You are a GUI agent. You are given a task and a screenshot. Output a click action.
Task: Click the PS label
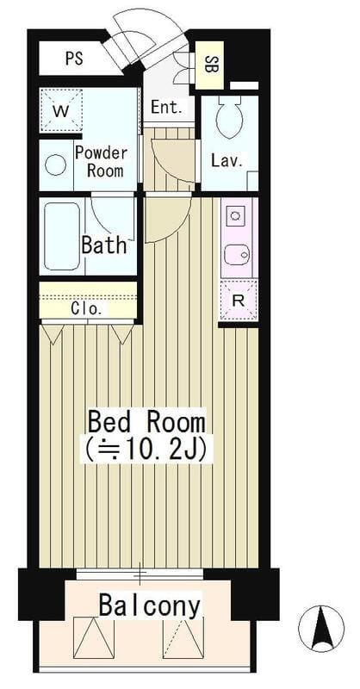[74, 59]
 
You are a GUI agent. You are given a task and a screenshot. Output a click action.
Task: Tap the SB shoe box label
[208, 65]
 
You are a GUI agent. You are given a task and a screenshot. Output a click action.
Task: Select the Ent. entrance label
[166, 107]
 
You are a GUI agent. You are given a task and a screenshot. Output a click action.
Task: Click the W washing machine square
[61, 110]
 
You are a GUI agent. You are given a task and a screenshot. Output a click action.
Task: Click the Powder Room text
[102, 161]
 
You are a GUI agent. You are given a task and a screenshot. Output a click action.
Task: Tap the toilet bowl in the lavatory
[229, 115]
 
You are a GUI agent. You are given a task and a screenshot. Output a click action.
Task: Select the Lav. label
[227, 161]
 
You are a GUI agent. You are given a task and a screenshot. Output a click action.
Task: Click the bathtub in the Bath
[61, 236]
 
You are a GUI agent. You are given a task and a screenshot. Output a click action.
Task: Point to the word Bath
[104, 245]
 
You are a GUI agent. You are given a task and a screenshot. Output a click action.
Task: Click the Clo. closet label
[87, 308]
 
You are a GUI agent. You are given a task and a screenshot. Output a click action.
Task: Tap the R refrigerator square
[239, 301]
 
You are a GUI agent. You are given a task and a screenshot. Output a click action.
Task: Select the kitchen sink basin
[237, 254]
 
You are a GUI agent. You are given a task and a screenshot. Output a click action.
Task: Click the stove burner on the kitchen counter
[234, 216]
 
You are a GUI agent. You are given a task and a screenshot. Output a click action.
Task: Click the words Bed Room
[146, 422]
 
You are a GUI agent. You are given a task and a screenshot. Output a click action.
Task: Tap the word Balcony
[150, 606]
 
